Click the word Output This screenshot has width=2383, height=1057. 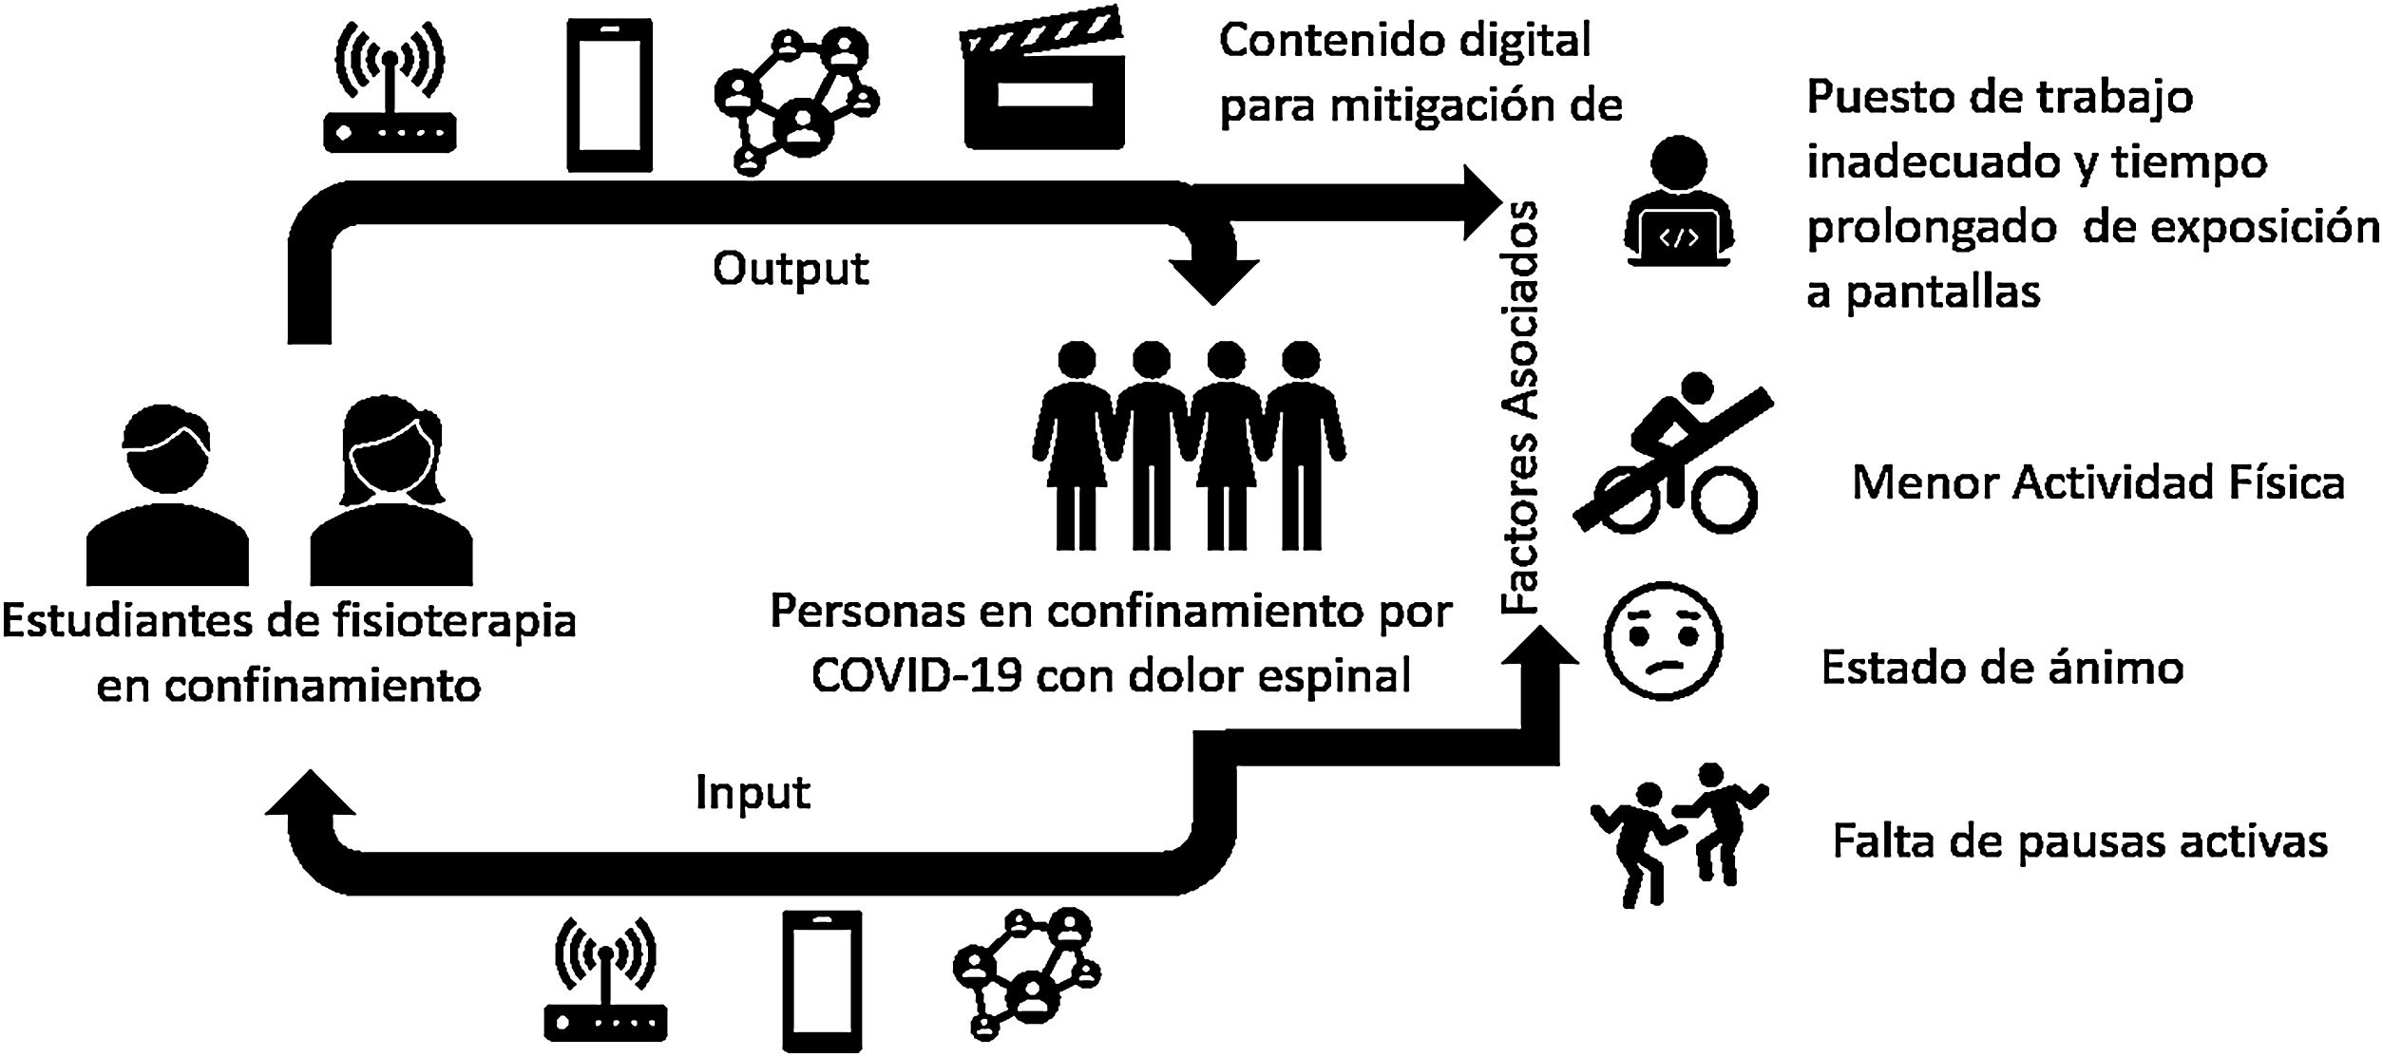click(791, 269)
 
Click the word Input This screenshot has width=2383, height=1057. click(753, 793)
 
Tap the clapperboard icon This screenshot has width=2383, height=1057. click(1043, 82)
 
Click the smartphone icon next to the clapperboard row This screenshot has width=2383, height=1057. click(610, 95)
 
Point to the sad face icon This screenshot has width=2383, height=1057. click(1663, 641)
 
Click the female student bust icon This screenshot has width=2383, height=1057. click(391, 494)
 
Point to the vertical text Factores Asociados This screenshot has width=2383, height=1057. click(1520, 407)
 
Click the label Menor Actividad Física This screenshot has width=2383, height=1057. click(2098, 483)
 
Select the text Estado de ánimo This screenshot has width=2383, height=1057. click(2002, 668)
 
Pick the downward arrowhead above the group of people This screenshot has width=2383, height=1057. click(1214, 276)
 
